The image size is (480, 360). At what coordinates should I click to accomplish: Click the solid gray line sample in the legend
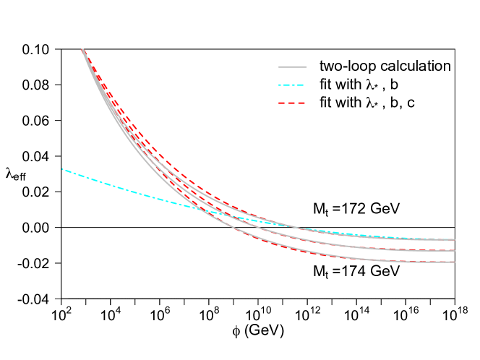[x=292, y=67]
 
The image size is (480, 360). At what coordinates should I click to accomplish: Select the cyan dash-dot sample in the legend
[x=291, y=85]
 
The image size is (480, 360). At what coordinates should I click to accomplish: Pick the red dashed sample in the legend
[x=291, y=103]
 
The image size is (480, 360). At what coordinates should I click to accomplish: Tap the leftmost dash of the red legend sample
[x=281, y=103]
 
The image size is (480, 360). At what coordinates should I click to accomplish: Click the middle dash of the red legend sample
[x=291, y=103]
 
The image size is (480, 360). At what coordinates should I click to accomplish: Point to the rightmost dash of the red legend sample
[x=301, y=103]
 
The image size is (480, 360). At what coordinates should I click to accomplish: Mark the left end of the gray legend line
[x=279, y=67]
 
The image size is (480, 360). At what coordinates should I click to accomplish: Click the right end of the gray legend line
[x=306, y=67]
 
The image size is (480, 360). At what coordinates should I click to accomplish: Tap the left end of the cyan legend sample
[x=279, y=85]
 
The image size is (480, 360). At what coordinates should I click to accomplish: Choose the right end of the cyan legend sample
[x=304, y=85]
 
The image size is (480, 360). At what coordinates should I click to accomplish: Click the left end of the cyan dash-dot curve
[x=63, y=169]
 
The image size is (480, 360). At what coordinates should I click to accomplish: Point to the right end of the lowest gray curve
[x=454, y=262]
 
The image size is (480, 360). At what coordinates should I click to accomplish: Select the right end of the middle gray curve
[x=454, y=251]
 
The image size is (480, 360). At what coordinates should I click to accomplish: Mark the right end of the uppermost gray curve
[x=454, y=239]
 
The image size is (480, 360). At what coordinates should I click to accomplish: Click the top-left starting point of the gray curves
[x=82, y=49]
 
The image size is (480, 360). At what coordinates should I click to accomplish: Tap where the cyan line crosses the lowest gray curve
[x=194, y=208]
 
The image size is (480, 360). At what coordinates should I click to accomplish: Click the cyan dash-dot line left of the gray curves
[x=108, y=184]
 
